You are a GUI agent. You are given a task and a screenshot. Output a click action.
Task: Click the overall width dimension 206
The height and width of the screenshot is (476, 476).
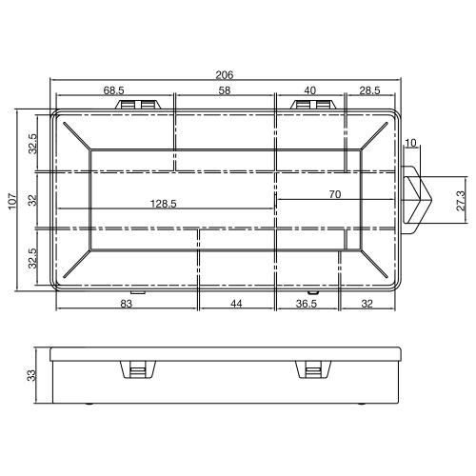(x=226, y=73)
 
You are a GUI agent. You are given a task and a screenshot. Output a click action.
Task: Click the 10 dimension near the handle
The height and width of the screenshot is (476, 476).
(x=410, y=144)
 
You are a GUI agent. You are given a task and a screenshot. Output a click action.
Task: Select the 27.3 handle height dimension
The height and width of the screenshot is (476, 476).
(x=461, y=203)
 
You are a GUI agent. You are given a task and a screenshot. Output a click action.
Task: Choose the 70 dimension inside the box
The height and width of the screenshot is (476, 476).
(x=333, y=194)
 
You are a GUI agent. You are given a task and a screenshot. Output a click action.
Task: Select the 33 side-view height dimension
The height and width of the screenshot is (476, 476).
(x=31, y=375)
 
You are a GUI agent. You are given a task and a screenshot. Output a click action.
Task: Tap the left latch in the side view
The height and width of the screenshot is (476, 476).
(x=137, y=370)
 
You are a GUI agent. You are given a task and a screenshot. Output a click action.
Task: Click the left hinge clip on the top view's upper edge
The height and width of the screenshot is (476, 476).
(x=137, y=102)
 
